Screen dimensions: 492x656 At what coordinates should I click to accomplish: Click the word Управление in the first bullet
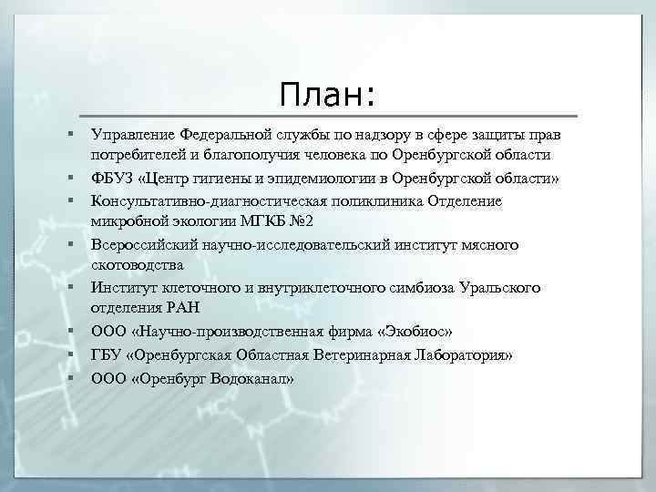(x=130, y=134)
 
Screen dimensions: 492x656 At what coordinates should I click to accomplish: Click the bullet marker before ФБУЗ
(x=69, y=176)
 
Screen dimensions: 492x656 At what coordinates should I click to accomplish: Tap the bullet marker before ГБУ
(x=69, y=353)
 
